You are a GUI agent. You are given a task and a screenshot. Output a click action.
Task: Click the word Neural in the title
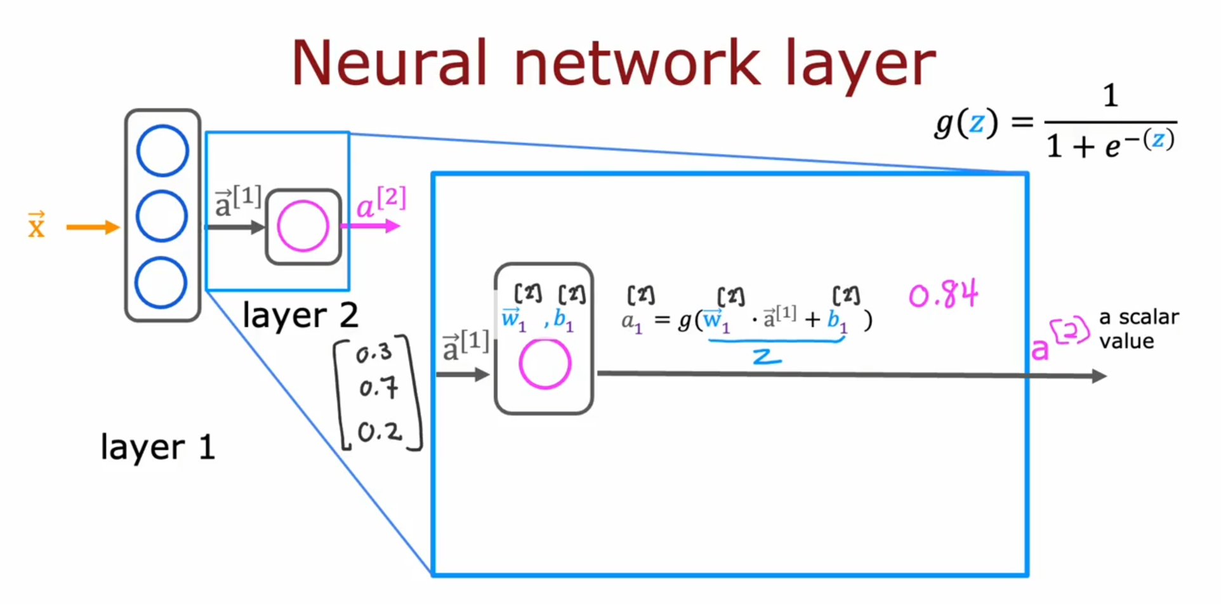389,63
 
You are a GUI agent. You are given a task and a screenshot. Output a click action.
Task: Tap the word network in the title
637,63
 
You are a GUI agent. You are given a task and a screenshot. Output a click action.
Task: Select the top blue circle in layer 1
162,151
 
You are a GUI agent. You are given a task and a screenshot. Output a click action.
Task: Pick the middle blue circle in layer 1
162,216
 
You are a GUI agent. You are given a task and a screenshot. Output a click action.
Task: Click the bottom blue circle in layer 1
161,283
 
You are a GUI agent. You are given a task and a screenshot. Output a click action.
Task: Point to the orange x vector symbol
36,225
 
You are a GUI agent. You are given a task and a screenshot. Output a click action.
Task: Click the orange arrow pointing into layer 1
93,227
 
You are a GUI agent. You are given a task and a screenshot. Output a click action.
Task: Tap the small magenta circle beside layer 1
303,226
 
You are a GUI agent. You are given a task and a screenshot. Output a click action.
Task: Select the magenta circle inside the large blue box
544,364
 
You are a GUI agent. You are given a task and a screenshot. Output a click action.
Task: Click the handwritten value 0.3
374,353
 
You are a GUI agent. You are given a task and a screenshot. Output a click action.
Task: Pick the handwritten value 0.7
378,387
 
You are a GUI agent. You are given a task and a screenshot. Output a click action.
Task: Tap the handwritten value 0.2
379,432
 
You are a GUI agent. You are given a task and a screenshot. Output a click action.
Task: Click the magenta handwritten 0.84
943,295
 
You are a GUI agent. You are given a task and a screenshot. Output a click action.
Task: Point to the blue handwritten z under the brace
767,357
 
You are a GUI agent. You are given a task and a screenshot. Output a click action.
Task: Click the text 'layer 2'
300,315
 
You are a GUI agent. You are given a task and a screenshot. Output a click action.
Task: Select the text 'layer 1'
157,447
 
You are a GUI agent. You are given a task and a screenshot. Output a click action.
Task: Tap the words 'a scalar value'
1138,329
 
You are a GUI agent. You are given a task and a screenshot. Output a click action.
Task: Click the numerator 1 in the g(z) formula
1110,96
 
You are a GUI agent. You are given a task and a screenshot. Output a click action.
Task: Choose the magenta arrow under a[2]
371,226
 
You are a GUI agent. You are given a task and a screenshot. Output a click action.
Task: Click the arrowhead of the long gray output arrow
1099,376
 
